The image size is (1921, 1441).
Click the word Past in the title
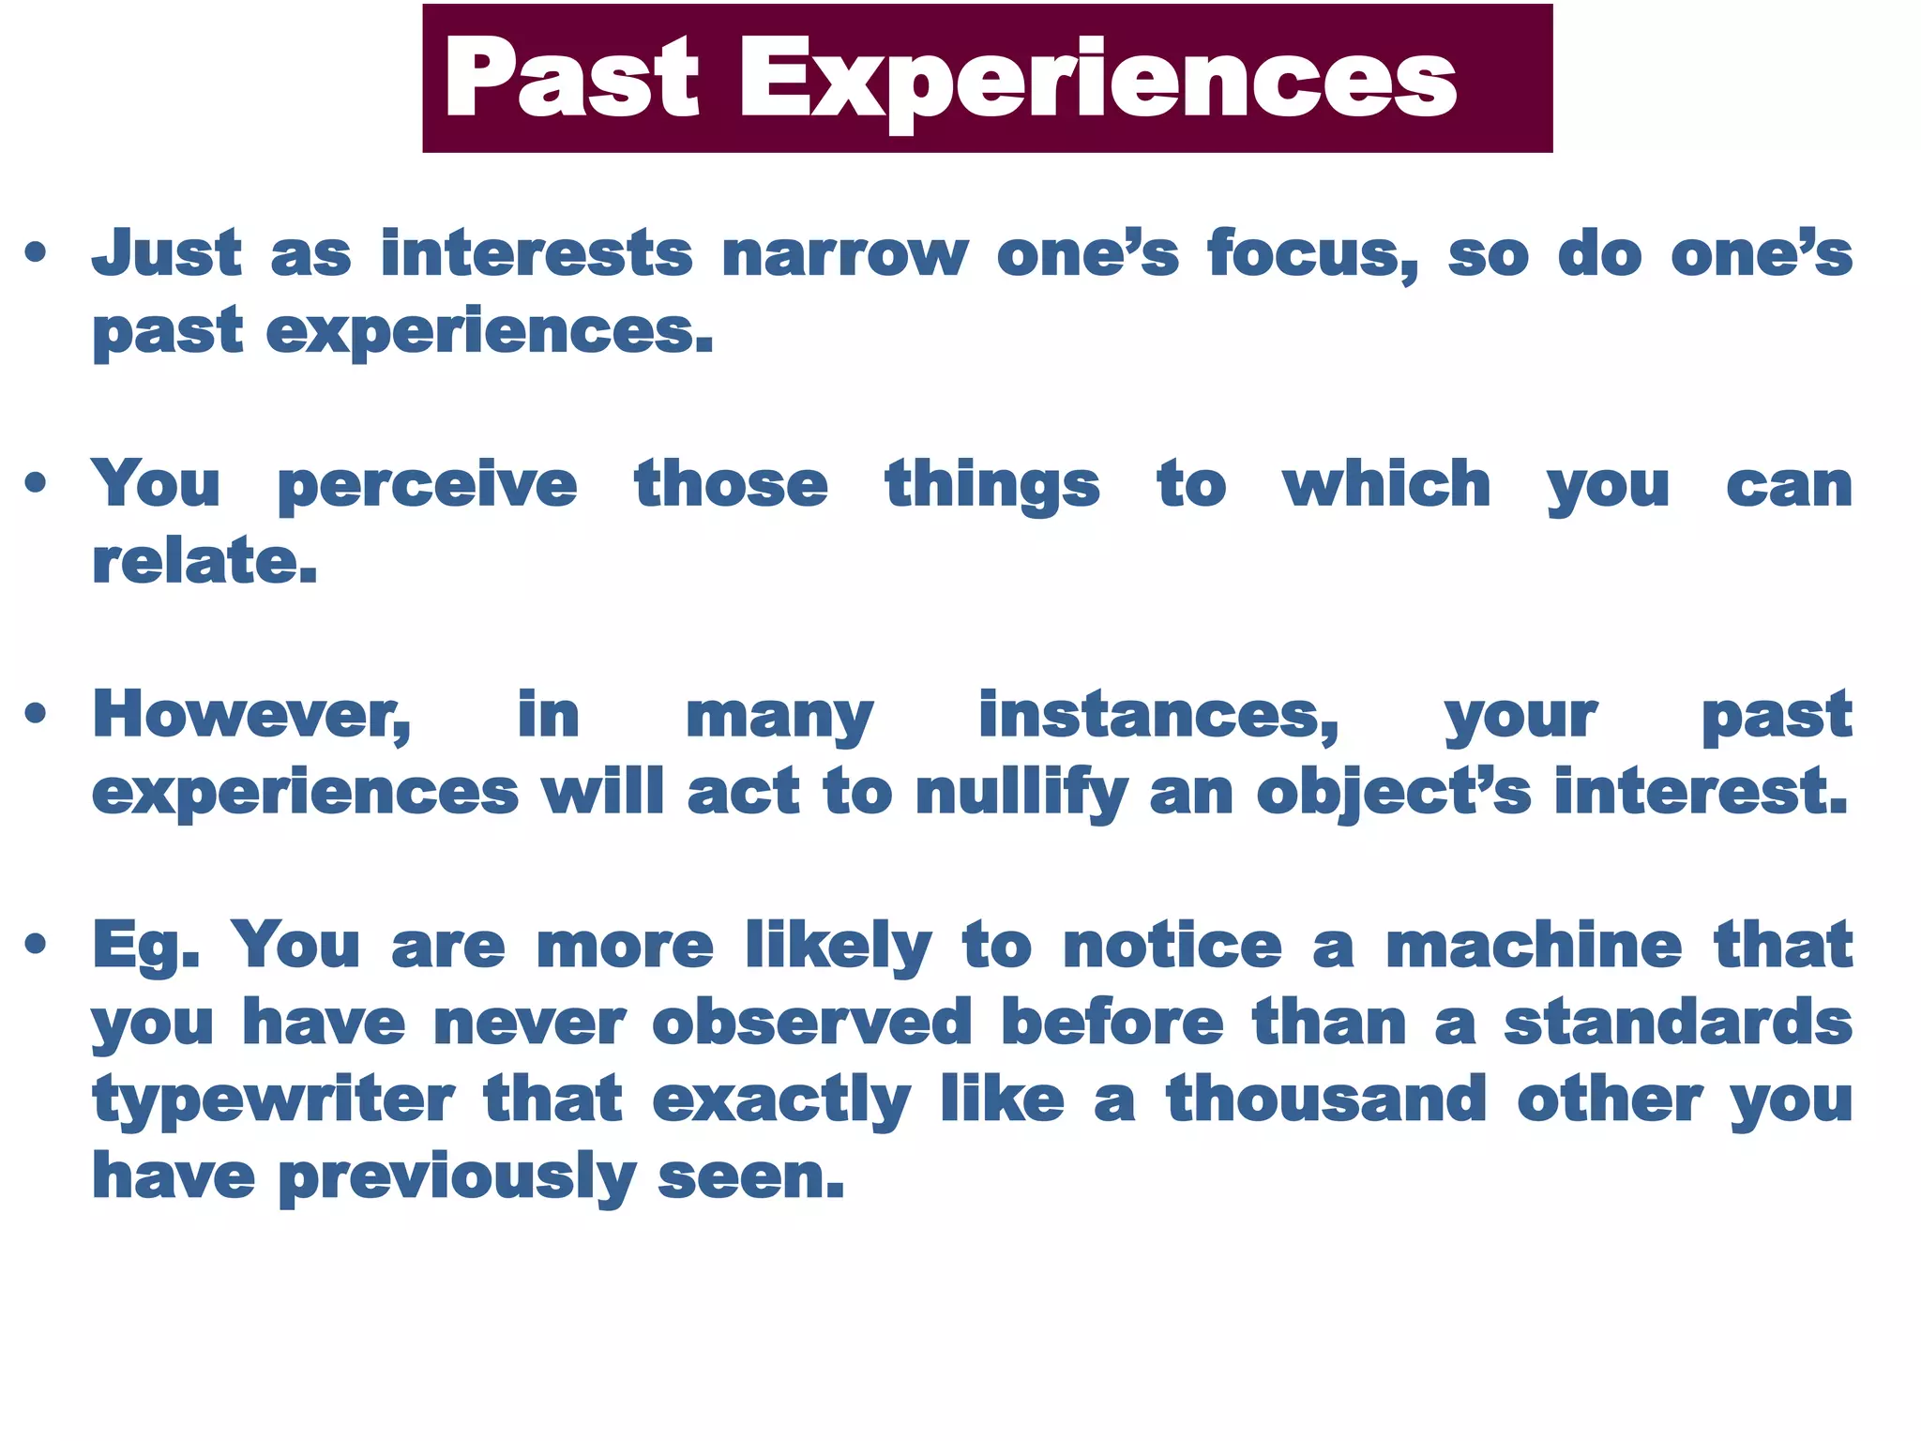(571, 79)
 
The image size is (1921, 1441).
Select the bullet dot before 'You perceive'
(36, 484)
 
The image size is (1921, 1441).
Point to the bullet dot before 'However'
(36, 715)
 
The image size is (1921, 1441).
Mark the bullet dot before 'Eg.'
(36, 945)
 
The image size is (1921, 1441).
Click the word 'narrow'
(844, 255)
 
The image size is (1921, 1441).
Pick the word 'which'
(1386, 485)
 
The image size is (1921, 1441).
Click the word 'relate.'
(204, 562)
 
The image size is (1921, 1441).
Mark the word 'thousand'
(1326, 1100)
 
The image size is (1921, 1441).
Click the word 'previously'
(457, 1178)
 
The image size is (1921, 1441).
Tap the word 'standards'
(1678, 1023)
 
